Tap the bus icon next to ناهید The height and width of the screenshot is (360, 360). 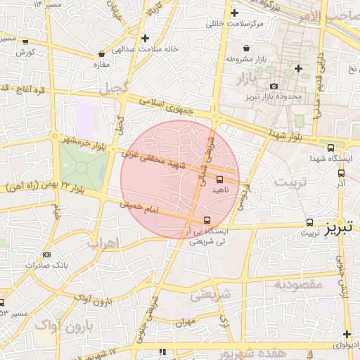[220, 179]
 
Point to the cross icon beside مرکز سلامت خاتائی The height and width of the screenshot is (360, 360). [234, 13]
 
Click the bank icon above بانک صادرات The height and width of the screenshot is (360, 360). [46, 255]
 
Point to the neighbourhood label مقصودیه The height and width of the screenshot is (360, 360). [297, 284]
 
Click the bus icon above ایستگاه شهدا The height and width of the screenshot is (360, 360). [331, 148]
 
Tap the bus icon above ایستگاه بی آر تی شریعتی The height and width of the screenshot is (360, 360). [206, 220]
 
